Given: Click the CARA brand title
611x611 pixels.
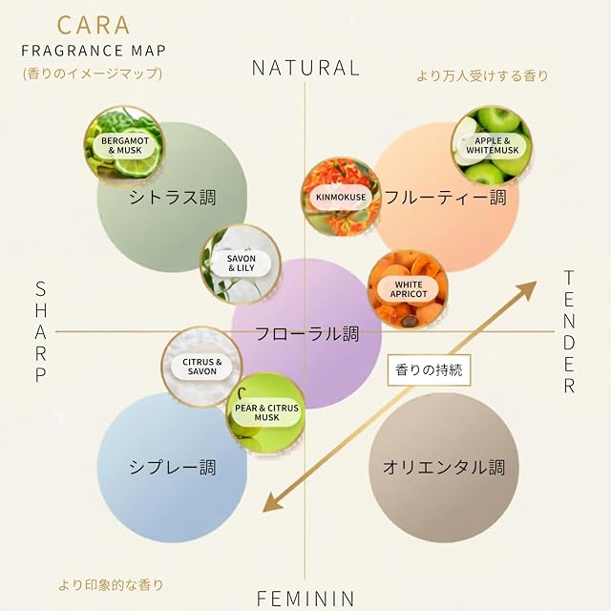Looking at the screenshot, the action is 94,26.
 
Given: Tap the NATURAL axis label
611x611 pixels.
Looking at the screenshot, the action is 305,68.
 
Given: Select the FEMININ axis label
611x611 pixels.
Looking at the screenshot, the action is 305,599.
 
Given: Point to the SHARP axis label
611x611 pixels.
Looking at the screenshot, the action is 41,331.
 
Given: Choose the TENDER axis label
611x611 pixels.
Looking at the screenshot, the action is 569,331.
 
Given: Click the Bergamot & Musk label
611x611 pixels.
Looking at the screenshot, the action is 125,145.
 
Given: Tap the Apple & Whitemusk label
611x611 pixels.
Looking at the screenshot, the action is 493,145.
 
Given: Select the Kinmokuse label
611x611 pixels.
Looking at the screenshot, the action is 341,197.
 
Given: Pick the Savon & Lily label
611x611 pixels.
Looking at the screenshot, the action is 242,263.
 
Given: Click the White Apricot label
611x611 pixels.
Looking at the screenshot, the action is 409,289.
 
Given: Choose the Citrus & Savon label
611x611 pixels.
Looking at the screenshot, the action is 201,367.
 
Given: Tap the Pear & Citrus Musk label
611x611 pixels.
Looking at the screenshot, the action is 266,412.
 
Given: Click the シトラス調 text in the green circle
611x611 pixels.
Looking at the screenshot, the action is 173,198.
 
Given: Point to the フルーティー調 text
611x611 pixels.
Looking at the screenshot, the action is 446,198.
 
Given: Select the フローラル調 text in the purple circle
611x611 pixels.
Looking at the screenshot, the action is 306,333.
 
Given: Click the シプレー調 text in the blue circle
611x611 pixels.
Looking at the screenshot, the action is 173,467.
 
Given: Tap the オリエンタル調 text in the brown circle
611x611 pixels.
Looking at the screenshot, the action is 443,467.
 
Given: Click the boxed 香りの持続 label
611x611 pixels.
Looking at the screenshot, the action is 429,369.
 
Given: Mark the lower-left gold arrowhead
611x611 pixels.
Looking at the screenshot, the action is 273,502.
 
